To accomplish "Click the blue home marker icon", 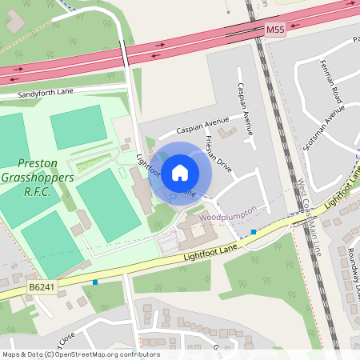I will (x=180, y=172).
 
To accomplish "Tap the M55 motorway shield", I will (x=274, y=30).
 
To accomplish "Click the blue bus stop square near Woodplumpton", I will (x=254, y=232).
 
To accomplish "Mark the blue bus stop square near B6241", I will (x=95, y=282).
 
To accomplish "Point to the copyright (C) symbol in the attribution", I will (x=49, y=354).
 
